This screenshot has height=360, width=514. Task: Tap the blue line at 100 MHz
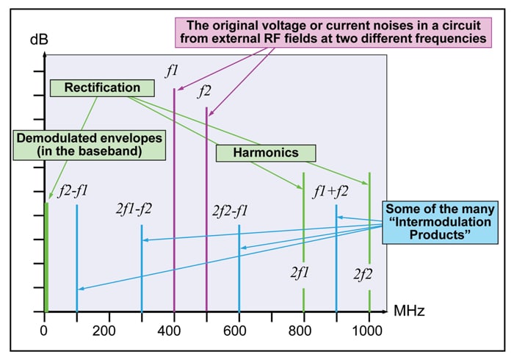[x=77, y=257]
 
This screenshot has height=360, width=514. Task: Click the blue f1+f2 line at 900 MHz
[x=336, y=257]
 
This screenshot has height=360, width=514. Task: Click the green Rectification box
[x=102, y=88]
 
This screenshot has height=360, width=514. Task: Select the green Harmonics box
[x=266, y=153]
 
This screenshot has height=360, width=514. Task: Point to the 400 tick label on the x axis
[x=174, y=330]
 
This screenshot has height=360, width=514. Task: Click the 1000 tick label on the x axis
[x=369, y=330]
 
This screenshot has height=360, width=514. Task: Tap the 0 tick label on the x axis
[x=45, y=330]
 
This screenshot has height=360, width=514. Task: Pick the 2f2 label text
[x=365, y=276]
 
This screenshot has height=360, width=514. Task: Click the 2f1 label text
[x=300, y=273]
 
